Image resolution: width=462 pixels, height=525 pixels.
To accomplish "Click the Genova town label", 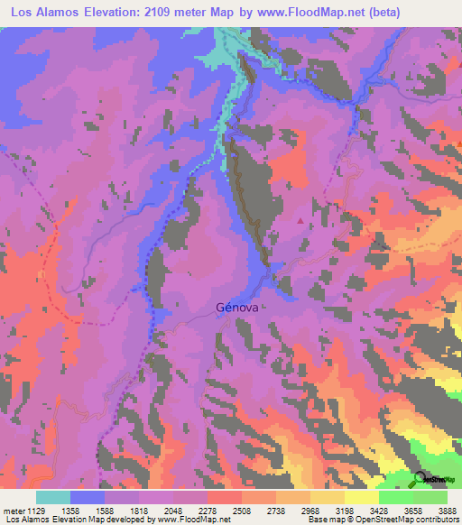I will [237, 307].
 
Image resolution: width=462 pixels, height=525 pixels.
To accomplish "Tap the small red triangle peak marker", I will [300, 218].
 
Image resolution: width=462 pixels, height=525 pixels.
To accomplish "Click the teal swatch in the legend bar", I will [53, 497].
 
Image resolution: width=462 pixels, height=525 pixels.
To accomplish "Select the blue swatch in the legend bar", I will [88, 497].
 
